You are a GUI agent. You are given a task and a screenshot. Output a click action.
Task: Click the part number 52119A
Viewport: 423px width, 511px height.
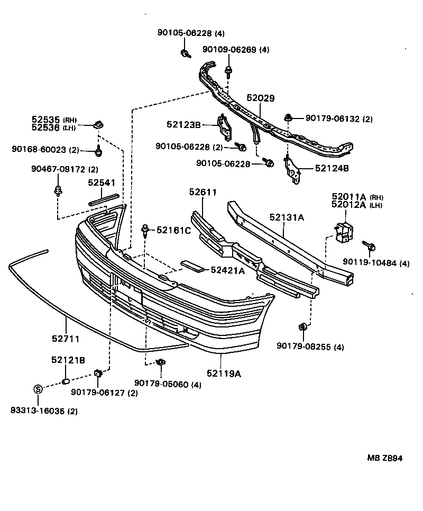[x=224, y=373]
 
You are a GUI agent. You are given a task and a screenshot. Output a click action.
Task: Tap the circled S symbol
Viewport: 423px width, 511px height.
[x=38, y=389]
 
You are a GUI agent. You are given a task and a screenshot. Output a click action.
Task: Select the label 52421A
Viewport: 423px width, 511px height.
[x=227, y=270]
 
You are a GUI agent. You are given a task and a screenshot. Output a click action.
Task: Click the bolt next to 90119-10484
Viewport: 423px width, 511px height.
[x=369, y=245]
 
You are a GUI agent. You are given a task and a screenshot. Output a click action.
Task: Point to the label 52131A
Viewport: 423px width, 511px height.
[x=287, y=217]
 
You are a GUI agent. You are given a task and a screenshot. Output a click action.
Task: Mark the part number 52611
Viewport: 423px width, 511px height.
[x=203, y=192]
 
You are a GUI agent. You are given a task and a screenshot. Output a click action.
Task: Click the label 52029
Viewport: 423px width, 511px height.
[x=261, y=98]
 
